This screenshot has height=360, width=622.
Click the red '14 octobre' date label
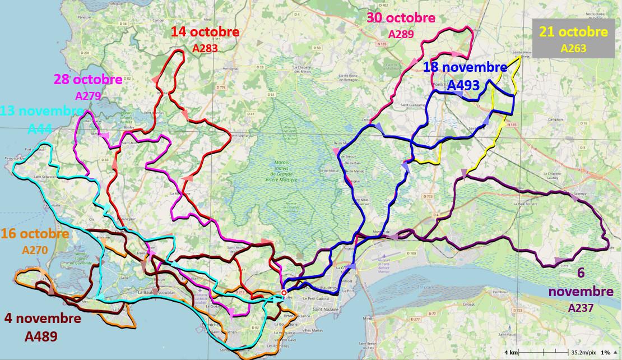pyautogui.click(x=206, y=32)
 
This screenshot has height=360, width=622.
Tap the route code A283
pyautogui.click(x=205, y=49)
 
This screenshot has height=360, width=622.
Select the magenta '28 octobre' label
pyautogui.click(x=88, y=79)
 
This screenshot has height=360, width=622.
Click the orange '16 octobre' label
pyautogui.click(x=35, y=233)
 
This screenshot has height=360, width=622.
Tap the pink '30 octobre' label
pyautogui.click(x=401, y=18)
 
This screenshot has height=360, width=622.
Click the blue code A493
pyautogui.click(x=463, y=85)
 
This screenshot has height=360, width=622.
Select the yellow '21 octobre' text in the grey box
pyautogui.click(x=573, y=32)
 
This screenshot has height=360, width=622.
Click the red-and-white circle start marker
pyautogui.click(x=284, y=292)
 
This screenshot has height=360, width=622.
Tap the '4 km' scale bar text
pyautogui.click(x=510, y=353)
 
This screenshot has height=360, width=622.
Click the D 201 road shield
pyautogui.click(x=85, y=53)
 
